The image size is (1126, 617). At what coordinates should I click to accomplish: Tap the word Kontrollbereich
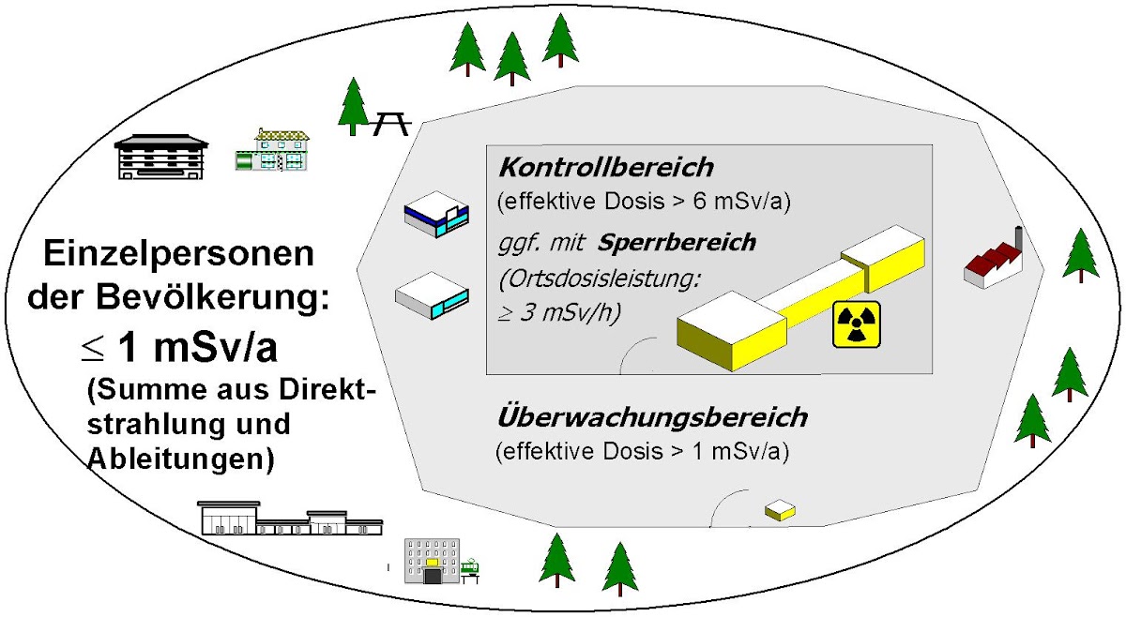(x=605, y=169)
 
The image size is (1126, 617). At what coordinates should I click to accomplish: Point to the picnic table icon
(x=390, y=122)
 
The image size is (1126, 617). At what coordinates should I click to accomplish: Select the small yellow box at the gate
(x=780, y=510)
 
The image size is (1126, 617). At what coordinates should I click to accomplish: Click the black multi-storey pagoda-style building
(x=161, y=156)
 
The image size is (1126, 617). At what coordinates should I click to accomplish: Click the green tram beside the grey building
(x=469, y=568)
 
